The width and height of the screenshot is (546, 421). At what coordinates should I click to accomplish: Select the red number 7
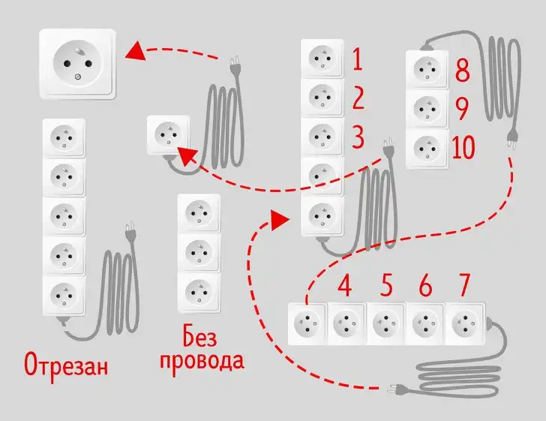click(x=465, y=286)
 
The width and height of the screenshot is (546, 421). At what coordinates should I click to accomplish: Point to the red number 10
click(x=463, y=148)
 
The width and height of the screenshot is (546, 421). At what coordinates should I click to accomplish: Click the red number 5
click(x=386, y=286)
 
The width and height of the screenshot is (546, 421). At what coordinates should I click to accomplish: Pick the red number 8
click(x=462, y=71)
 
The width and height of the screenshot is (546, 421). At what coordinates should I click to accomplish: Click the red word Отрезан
click(x=66, y=365)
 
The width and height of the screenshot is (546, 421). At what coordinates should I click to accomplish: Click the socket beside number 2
click(x=322, y=97)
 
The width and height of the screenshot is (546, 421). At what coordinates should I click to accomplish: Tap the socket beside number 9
click(x=427, y=110)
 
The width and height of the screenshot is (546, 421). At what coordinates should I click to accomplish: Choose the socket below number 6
click(x=425, y=323)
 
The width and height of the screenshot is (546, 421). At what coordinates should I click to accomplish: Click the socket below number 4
click(x=347, y=323)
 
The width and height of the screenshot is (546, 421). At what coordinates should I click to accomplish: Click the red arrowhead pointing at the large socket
click(x=135, y=52)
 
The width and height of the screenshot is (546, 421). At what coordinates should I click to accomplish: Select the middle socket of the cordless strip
click(x=199, y=251)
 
